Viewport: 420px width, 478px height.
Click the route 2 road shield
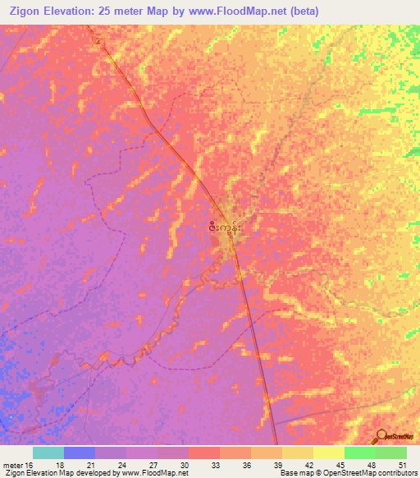(x=98, y=40)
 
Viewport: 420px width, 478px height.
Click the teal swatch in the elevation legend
(x=48, y=453)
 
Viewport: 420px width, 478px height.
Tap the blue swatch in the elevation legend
(x=80, y=453)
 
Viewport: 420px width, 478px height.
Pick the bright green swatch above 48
(x=360, y=453)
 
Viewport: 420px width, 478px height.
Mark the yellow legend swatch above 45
(x=329, y=453)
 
